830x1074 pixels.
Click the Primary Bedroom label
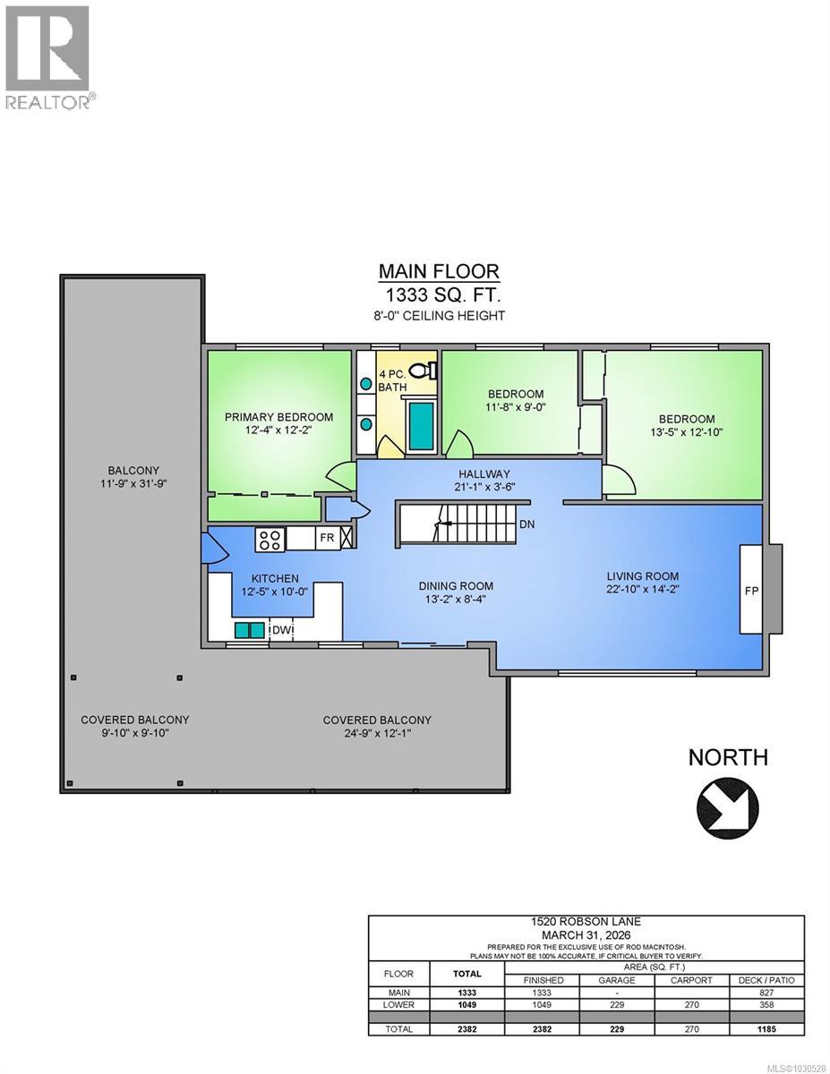278,417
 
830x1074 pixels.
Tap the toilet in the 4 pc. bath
428,368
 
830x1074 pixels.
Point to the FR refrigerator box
326,539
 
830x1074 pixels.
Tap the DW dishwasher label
280,630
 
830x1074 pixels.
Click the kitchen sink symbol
250,630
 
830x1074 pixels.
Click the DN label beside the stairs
526,524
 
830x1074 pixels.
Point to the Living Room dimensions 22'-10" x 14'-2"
642,590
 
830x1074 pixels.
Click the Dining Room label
456,586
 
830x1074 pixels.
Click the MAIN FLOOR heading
439,271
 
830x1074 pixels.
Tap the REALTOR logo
47,56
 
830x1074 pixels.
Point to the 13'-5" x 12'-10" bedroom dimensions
687,431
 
